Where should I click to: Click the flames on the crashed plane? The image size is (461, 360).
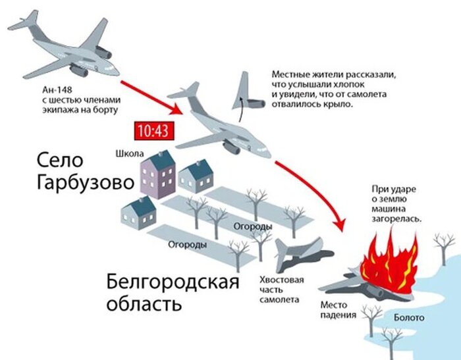(389, 263)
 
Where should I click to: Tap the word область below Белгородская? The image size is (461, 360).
(143, 305)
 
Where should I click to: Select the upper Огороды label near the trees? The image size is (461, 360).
(253, 226)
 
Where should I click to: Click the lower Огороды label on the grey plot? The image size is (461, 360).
(187, 244)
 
